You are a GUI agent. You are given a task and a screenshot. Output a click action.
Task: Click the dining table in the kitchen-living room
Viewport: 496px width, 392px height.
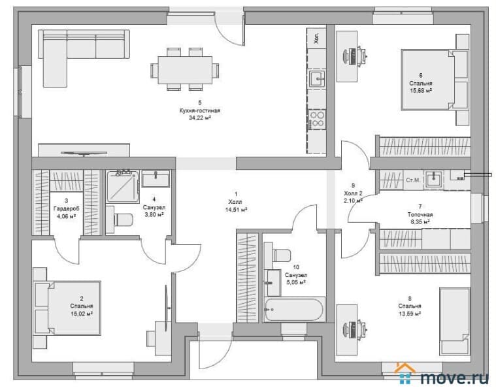pos(185,70)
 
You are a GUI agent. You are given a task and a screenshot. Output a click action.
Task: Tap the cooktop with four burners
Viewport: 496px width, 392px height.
pos(317,119)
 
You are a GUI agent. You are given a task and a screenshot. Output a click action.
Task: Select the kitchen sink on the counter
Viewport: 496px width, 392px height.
pos(317,78)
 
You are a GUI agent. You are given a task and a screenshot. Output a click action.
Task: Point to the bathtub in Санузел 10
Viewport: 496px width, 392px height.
pos(294,310)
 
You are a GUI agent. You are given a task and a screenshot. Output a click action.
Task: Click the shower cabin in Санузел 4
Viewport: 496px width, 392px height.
pos(123,186)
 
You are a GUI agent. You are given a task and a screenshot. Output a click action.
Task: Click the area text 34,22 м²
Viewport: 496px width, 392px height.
pos(200,118)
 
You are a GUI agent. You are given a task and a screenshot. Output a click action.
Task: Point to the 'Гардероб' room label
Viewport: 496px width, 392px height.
pos(66,208)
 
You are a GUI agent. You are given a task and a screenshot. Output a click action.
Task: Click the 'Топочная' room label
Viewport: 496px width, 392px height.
pos(420,215)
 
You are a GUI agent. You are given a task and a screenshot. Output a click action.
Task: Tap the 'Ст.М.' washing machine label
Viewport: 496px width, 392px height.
pos(413,180)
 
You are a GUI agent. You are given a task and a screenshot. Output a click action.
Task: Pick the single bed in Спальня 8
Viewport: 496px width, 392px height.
pos(455,321)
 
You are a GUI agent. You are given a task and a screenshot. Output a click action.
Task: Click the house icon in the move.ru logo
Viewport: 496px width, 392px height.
pos(406,374)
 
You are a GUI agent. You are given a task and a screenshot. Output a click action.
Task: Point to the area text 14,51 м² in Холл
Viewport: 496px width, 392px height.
pos(236,210)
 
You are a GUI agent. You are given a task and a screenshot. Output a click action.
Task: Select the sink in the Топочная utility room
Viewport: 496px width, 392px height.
pos(434,180)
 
